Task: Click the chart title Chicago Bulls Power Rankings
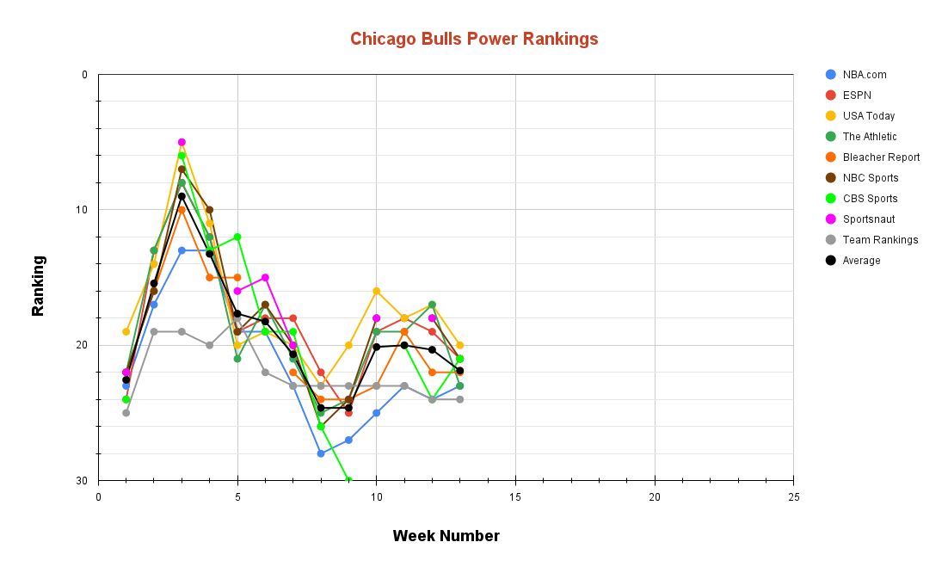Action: (x=474, y=39)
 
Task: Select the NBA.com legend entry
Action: (x=864, y=75)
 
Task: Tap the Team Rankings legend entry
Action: (x=879, y=240)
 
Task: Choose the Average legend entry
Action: (x=861, y=261)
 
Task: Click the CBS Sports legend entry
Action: (x=870, y=199)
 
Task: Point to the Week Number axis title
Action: (x=446, y=536)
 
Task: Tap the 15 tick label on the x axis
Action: (x=515, y=497)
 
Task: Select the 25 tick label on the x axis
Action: (x=793, y=497)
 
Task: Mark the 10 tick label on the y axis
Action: (x=83, y=210)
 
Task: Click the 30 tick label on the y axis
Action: (x=83, y=480)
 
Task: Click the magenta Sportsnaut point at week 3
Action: (x=182, y=142)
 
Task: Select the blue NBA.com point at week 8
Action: (x=321, y=453)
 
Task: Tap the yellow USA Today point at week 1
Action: (x=126, y=331)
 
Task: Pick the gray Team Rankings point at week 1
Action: (x=126, y=413)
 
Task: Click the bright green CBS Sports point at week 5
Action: (x=237, y=237)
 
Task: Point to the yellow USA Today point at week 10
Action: (x=376, y=291)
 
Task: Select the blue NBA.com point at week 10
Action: (x=376, y=413)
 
